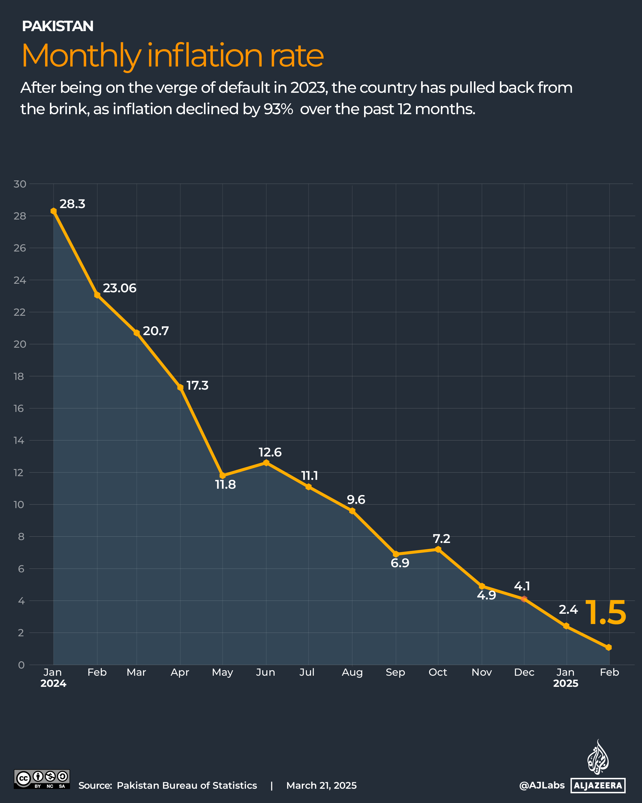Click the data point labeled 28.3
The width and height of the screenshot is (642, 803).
tap(54, 211)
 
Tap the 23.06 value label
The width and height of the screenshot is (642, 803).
tap(120, 288)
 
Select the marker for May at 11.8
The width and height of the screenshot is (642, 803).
tap(223, 476)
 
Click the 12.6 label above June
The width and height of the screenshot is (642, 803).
tap(270, 452)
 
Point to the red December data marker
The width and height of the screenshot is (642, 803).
tap(524, 599)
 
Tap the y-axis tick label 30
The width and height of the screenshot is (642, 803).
tap(20, 184)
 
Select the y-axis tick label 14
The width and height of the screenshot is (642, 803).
tap(19, 440)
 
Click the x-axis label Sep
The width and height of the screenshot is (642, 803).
tap(395, 672)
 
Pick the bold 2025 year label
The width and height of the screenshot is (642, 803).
tap(565, 683)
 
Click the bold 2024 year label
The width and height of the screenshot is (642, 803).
tap(53, 683)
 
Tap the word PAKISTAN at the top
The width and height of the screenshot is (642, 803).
tap(58, 26)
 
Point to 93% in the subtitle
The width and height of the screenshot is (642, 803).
tap(278, 109)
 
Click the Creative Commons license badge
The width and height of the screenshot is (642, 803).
tap(42, 779)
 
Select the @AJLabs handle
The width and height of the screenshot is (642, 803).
tap(542, 785)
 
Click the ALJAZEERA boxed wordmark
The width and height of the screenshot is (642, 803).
tap(598, 786)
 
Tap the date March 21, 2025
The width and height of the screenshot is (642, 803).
tap(321, 786)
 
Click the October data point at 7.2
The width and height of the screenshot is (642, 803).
tap(438, 549)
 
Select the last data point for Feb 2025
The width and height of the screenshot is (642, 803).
tap(609, 648)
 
